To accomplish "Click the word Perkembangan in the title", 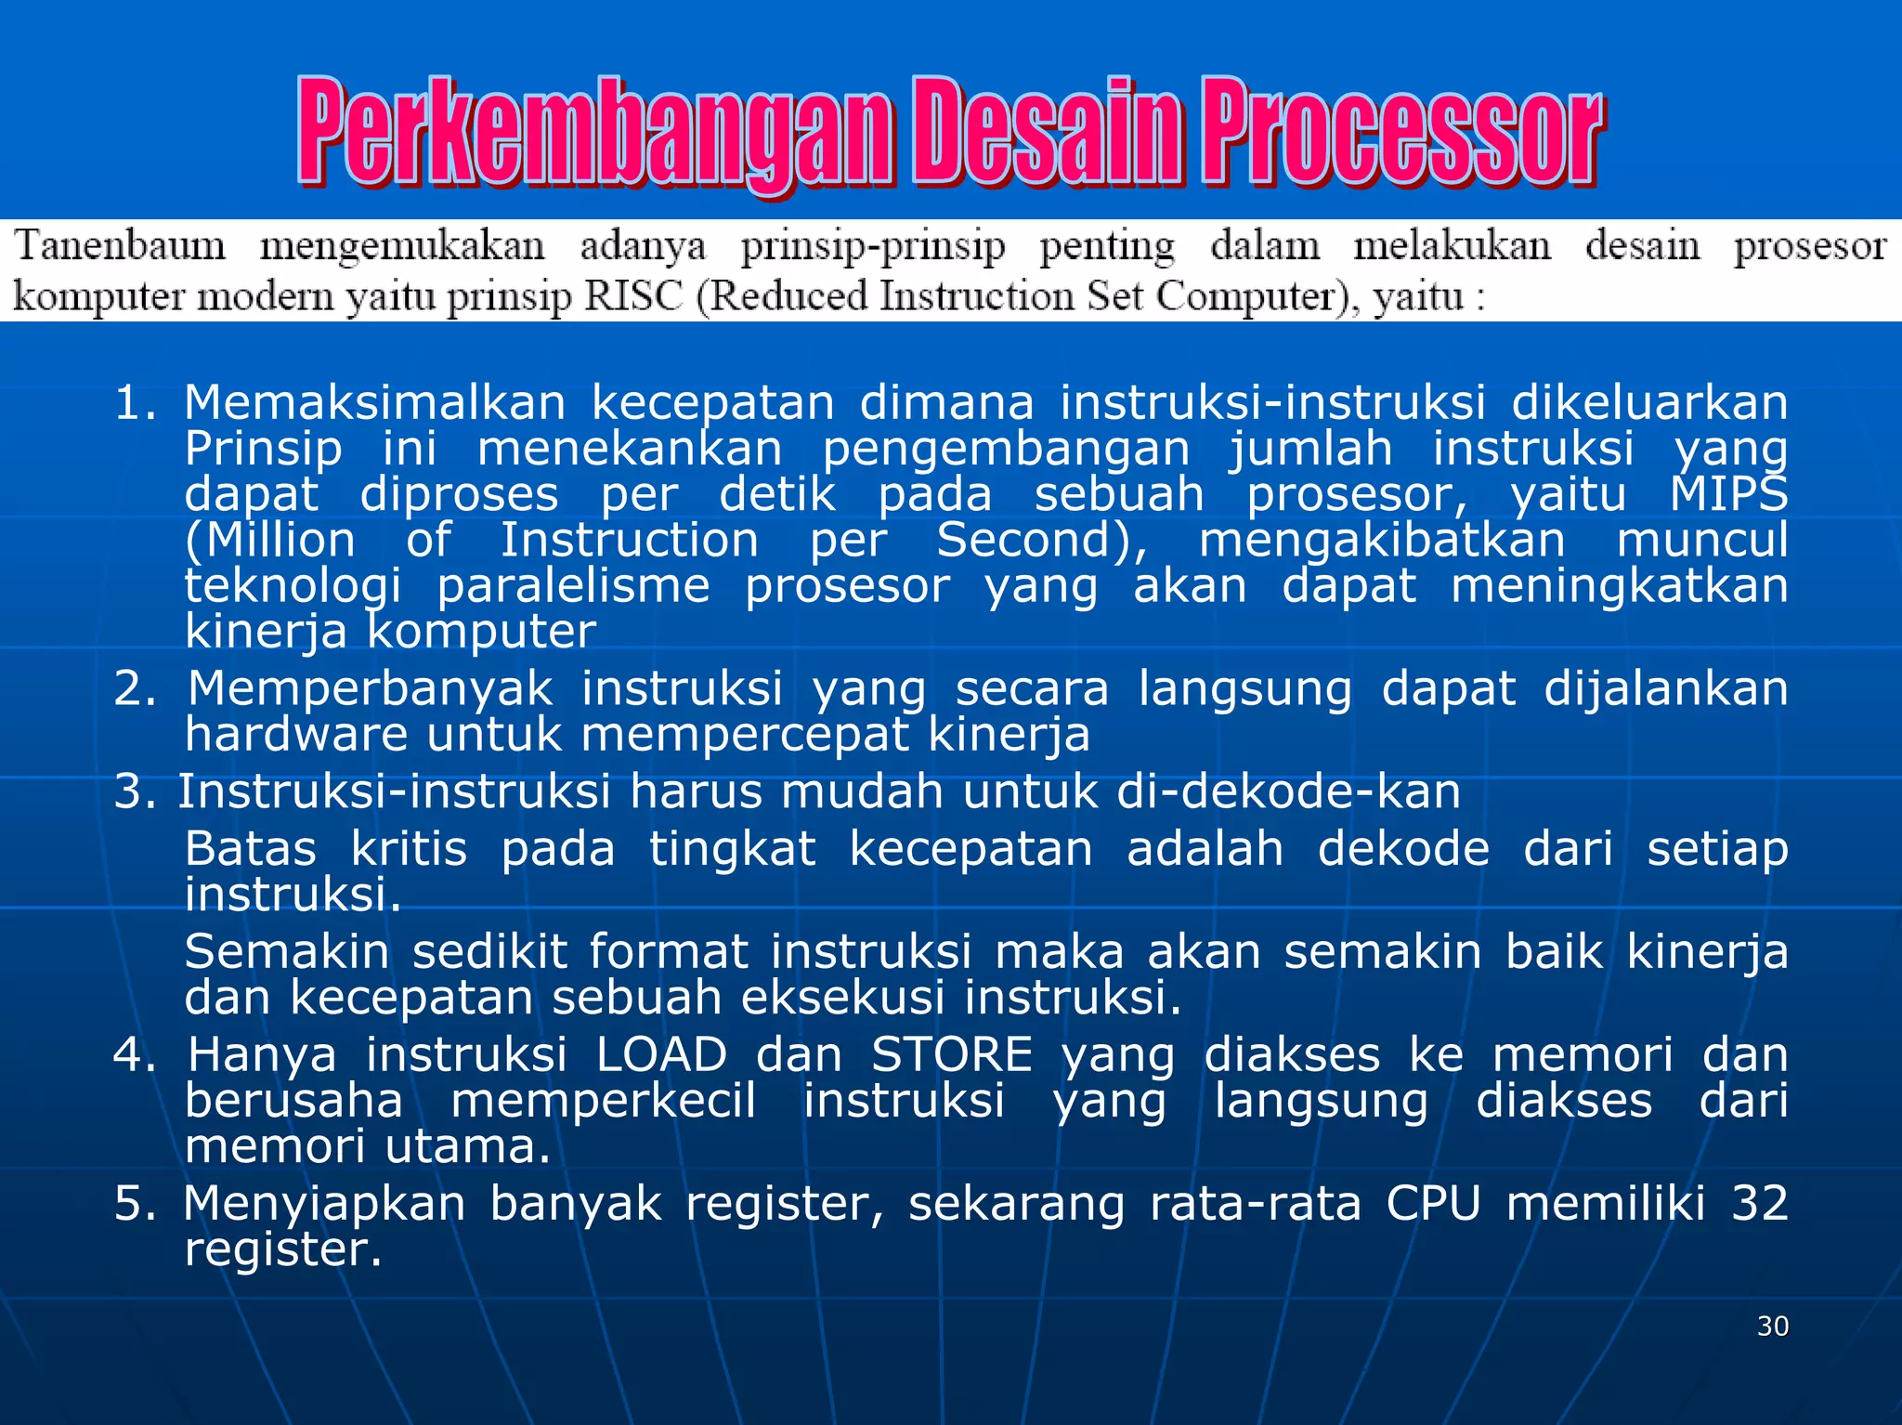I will point(594,132).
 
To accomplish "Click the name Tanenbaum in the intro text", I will point(120,246).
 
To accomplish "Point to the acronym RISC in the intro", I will point(632,296).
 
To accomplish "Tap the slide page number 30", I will point(1772,1326).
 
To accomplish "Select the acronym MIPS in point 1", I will point(1728,493).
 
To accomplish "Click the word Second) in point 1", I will point(1041,540).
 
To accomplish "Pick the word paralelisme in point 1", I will point(573,585).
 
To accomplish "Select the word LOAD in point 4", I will point(661,1054).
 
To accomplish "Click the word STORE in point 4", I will point(952,1054).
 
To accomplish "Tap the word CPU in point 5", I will point(1433,1203).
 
